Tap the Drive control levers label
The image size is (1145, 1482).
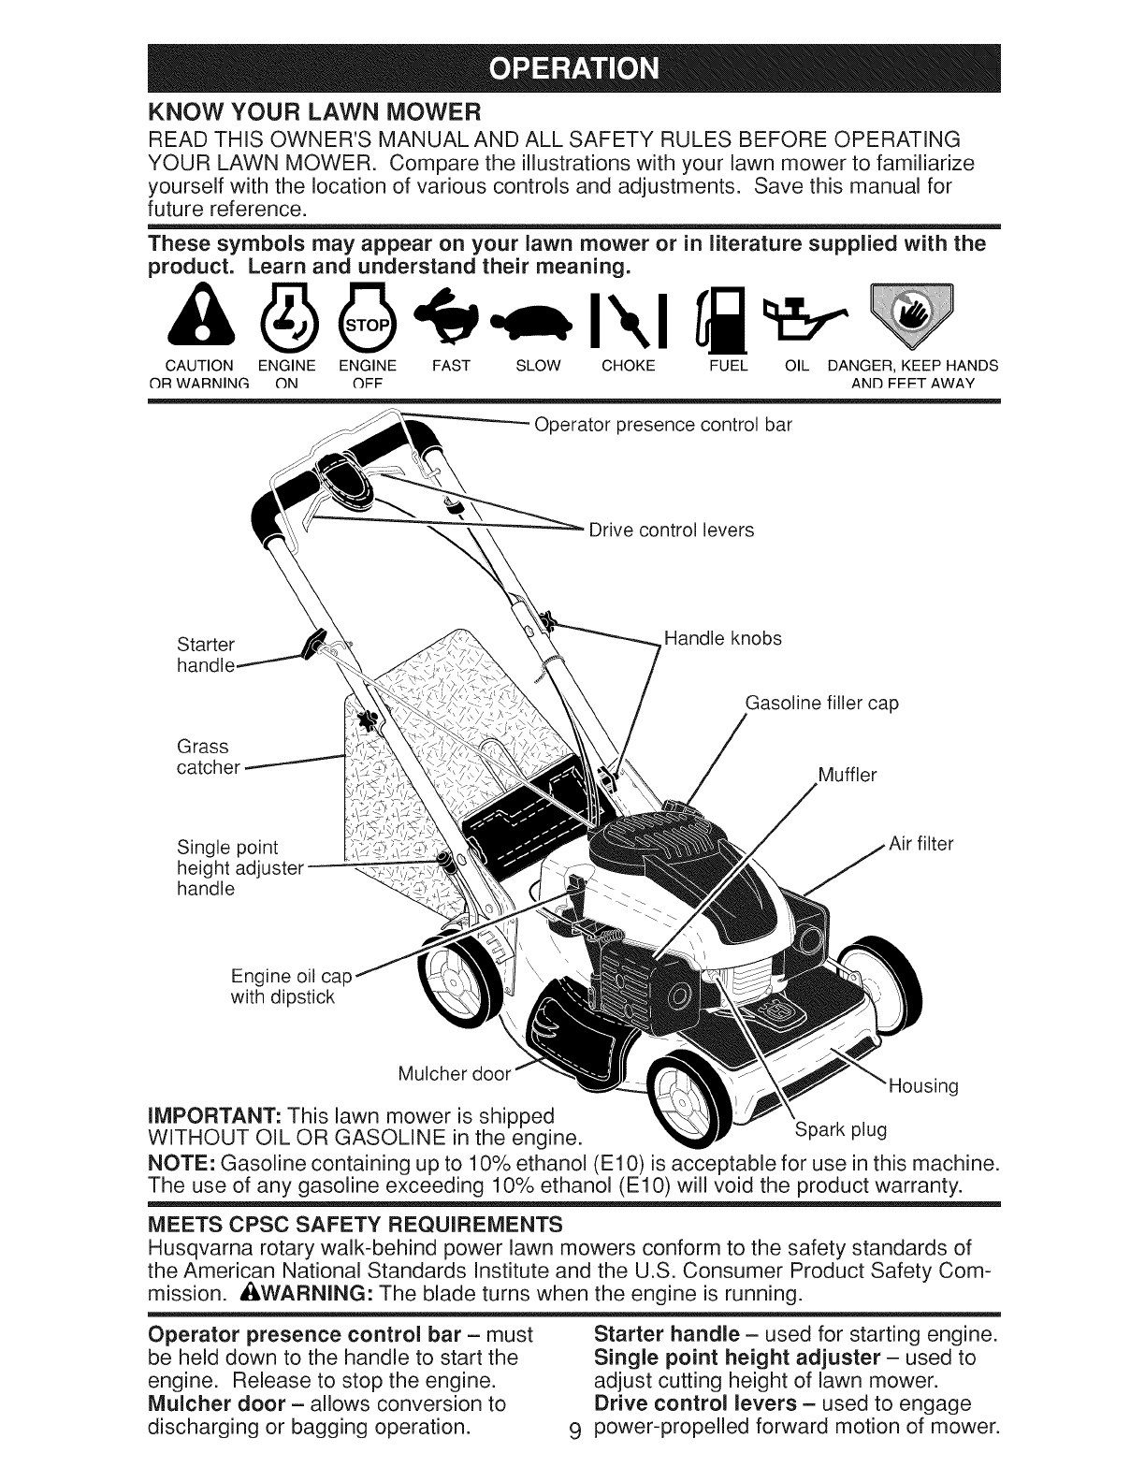click(x=671, y=530)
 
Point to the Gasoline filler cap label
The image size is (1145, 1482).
click(x=821, y=703)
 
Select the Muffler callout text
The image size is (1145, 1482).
click(x=847, y=775)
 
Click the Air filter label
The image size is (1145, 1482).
click(x=920, y=844)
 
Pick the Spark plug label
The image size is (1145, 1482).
click(x=839, y=1129)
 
